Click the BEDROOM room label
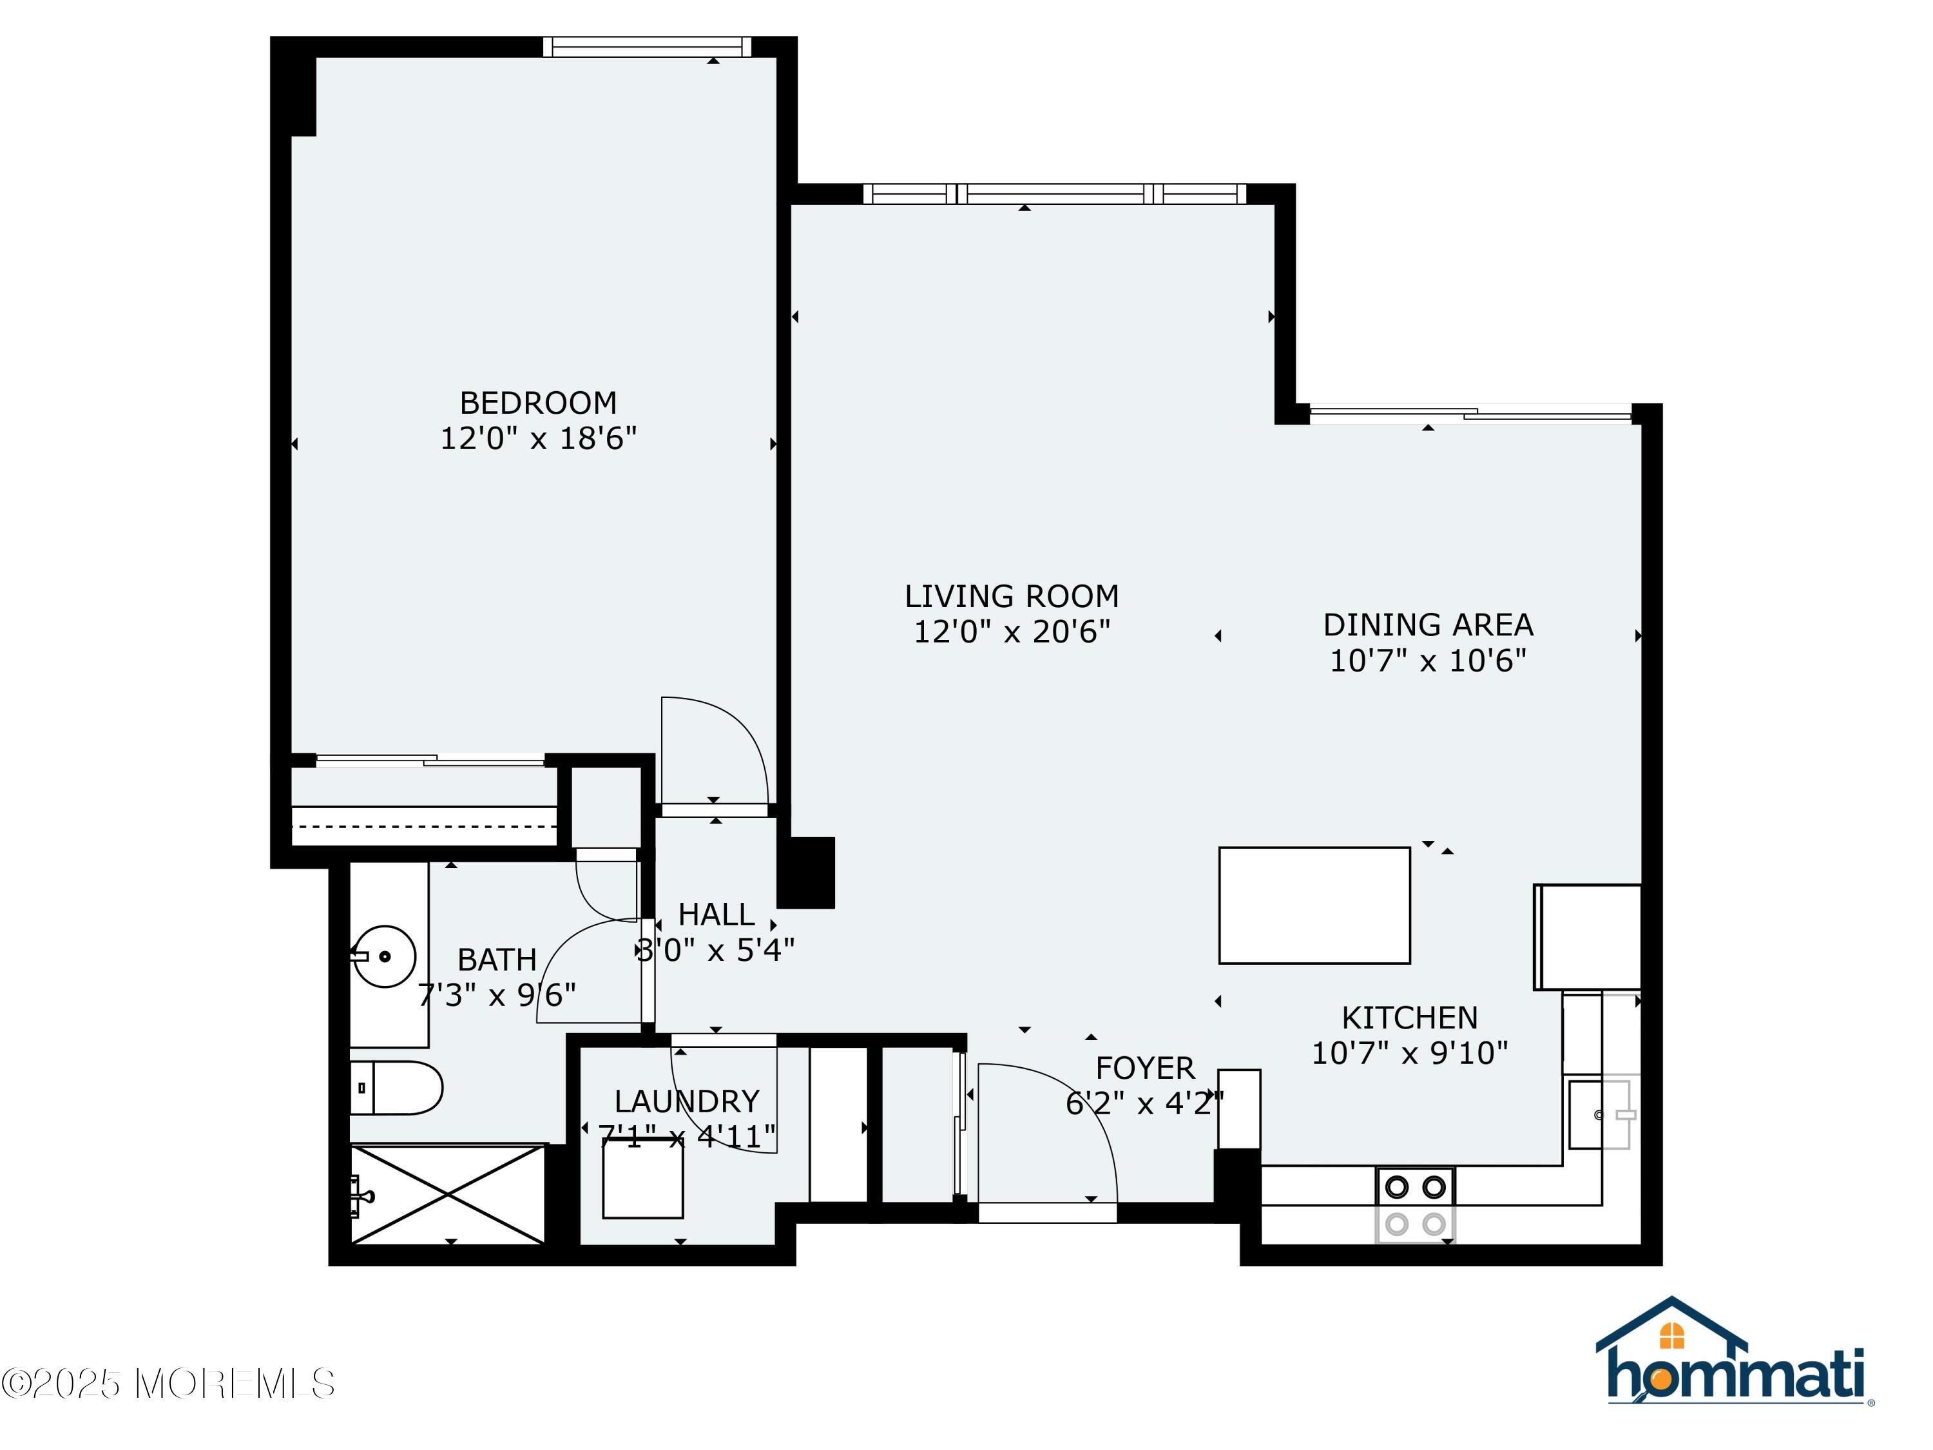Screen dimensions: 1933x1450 (538, 403)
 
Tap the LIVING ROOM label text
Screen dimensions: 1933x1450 (1012, 596)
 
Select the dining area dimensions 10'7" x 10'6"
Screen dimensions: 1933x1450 (1428, 660)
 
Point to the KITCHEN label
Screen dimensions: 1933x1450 (1410, 1018)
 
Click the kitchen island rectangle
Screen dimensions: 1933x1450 (1314, 905)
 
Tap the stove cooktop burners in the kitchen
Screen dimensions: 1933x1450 (1416, 1204)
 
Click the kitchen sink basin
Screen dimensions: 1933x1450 (1599, 1114)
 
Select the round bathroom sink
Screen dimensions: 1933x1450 (383, 956)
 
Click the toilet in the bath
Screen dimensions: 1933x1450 (396, 1088)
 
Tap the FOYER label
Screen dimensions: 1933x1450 (1145, 1068)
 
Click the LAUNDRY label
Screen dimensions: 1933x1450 (687, 1101)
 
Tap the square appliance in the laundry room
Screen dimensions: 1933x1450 (642, 1177)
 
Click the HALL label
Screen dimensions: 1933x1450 (716, 914)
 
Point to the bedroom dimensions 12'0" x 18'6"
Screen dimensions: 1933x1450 (538, 438)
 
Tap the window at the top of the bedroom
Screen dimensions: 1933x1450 (647, 46)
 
